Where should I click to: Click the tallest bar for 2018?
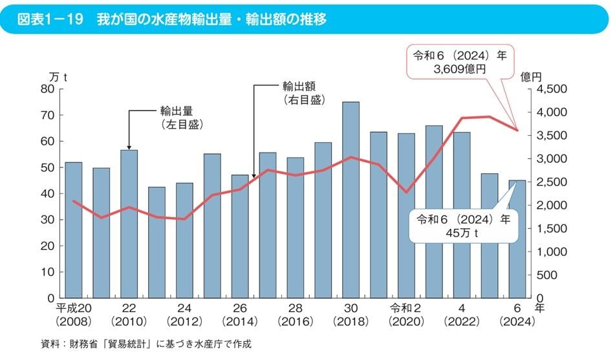(x=351, y=200)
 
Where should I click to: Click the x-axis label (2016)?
(x=295, y=321)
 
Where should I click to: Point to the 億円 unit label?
(x=534, y=76)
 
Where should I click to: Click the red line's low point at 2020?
(x=406, y=192)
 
